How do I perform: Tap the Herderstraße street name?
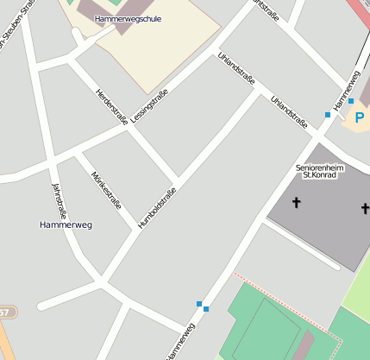[x=111, y=105]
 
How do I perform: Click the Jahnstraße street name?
[x=59, y=201]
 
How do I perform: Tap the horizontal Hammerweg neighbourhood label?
[x=66, y=224]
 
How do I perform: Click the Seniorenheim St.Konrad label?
[x=319, y=171]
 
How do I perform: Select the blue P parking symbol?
[x=359, y=117]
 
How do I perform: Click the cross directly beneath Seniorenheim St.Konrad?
[x=297, y=204]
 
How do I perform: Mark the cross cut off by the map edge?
[x=365, y=208]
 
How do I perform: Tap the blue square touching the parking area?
[x=351, y=101]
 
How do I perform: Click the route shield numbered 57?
[x=4, y=312]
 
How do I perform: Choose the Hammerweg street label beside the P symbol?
[x=346, y=90]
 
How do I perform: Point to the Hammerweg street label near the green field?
[x=181, y=342]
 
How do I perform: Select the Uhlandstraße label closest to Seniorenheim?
[x=289, y=112]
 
